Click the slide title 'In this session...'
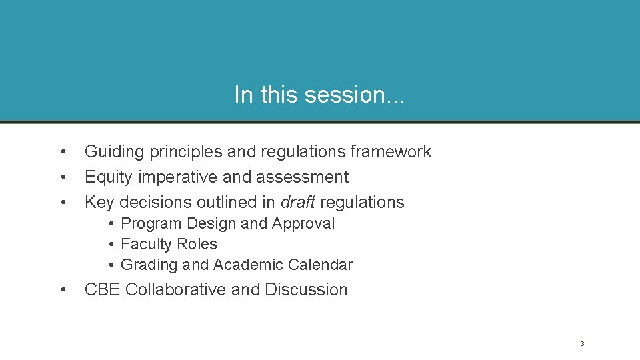[319, 95]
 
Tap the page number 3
[582, 344]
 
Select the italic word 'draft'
[298, 202]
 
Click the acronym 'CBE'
[103, 290]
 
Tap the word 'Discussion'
[306, 290]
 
